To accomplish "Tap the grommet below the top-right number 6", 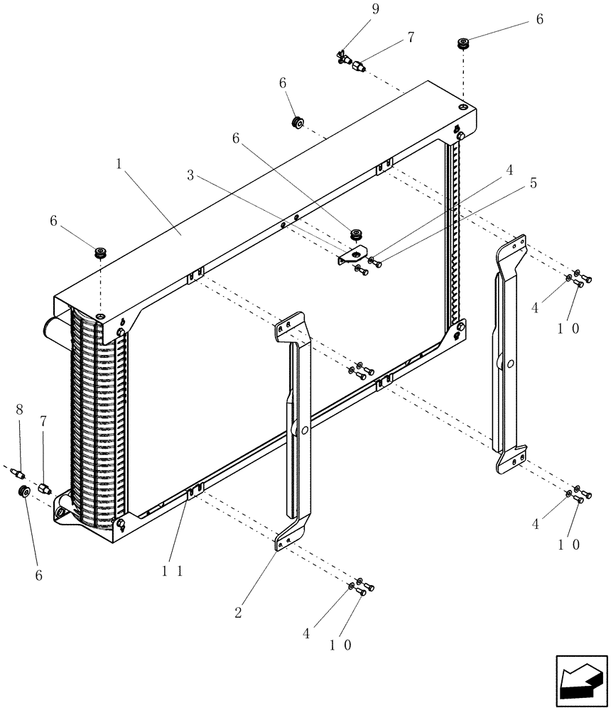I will coord(465,44).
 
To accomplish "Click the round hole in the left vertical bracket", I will coord(304,430).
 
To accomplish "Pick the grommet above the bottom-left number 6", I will coord(23,492).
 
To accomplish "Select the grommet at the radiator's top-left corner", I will coord(101,253).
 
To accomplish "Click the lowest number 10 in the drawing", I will coord(340,645).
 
